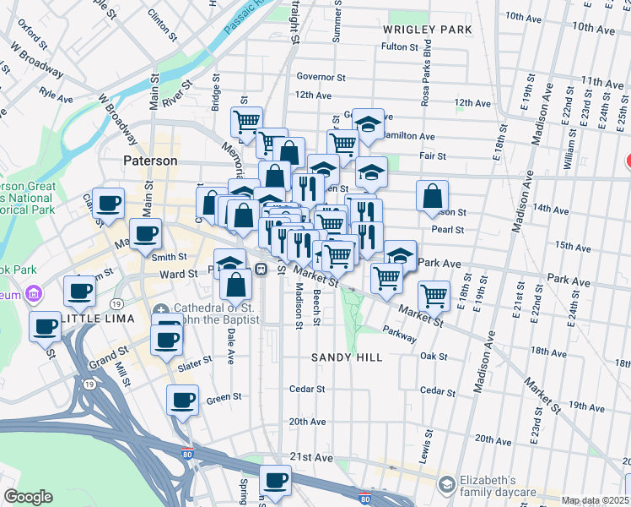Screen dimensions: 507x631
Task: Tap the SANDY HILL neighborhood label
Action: click(347, 357)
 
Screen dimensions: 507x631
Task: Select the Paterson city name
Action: click(150, 161)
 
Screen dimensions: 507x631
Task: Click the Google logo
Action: click(28, 497)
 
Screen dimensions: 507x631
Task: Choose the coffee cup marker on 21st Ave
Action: click(275, 480)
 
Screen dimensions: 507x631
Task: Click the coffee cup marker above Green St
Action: click(182, 400)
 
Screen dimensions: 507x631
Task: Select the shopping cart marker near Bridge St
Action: click(246, 122)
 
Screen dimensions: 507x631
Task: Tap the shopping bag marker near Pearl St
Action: click(432, 196)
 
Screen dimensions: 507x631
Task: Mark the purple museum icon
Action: click(34, 294)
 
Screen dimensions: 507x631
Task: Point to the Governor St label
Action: click(321, 77)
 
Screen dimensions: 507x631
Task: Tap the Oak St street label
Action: click(434, 357)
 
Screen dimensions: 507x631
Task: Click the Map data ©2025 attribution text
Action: click(593, 500)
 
